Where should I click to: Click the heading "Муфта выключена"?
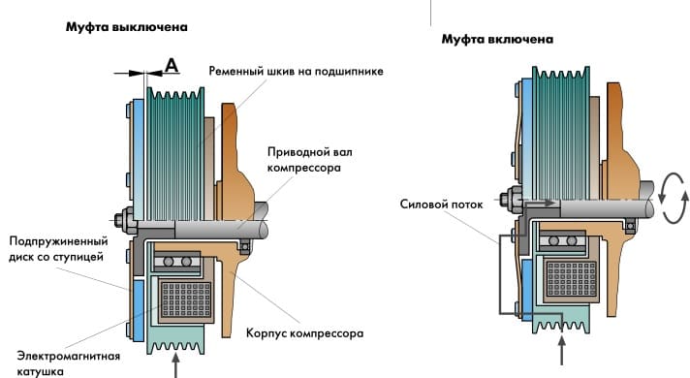[x=127, y=27]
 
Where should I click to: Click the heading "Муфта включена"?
[x=497, y=40]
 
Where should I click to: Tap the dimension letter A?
[x=172, y=65]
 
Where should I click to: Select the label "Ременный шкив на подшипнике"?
[x=296, y=72]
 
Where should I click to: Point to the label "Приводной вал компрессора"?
[x=310, y=160]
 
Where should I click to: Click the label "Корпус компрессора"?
[x=304, y=333]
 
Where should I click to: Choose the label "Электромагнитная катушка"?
[x=68, y=363]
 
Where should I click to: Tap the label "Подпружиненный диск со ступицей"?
[x=58, y=249]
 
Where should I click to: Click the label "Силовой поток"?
[x=441, y=205]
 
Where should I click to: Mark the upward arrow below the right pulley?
[x=561, y=351]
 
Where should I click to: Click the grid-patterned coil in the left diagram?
[x=186, y=299]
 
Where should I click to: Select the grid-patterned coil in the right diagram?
[x=571, y=278]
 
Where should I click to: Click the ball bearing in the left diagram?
[x=177, y=262]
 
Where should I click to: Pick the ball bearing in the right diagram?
[x=562, y=241]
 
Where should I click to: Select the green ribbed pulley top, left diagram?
[x=175, y=153]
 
